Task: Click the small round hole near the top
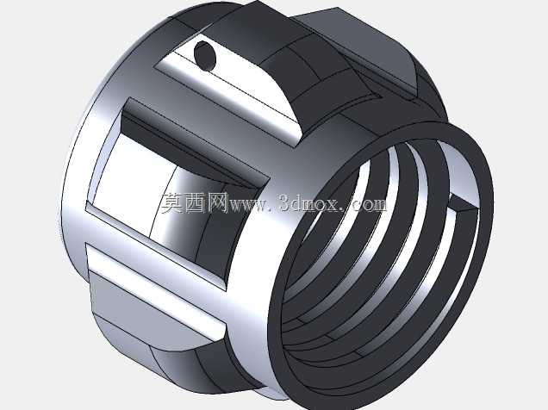[x=205, y=55]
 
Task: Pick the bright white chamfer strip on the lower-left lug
[x=153, y=290]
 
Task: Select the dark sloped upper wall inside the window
[x=189, y=146]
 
